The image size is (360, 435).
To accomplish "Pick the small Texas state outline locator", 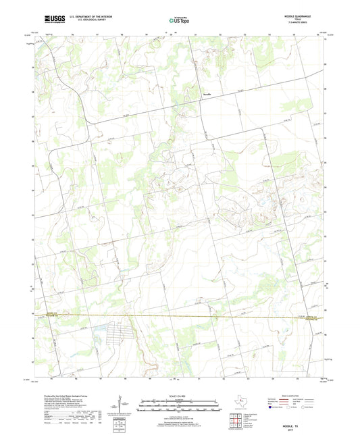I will click(238, 405).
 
